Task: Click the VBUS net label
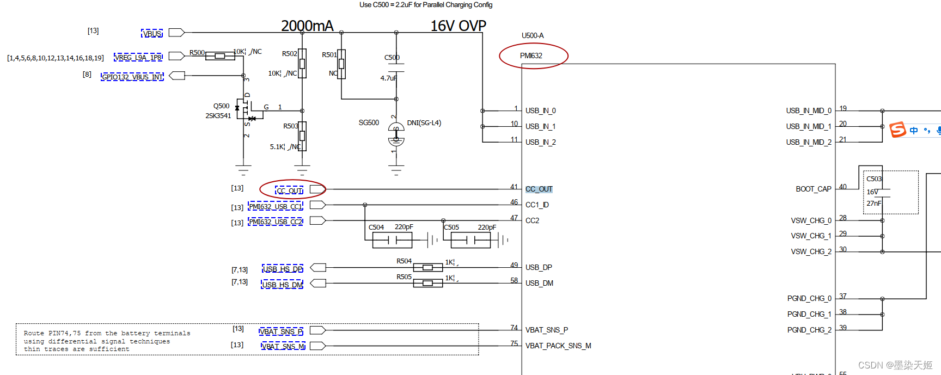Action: (x=152, y=34)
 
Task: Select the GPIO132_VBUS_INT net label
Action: (x=132, y=77)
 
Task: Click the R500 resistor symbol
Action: (x=220, y=56)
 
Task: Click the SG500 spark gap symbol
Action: (x=396, y=134)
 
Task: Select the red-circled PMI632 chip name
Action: (x=531, y=56)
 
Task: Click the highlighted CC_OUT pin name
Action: (x=539, y=189)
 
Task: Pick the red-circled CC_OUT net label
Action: (x=290, y=190)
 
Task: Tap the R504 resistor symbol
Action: (x=428, y=267)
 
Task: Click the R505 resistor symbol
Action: (x=428, y=283)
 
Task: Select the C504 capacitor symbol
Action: (x=392, y=239)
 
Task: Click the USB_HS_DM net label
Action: (x=282, y=285)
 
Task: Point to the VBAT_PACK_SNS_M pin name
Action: (x=558, y=346)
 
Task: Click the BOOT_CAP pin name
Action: (x=813, y=189)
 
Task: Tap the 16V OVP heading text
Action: (x=458, y=26)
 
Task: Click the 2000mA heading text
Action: (x=307, y=26)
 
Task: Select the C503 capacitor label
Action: (x=874, y=179)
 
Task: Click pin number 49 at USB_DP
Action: (x=514, y=265)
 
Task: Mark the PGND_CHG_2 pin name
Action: (x=809, y=330)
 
